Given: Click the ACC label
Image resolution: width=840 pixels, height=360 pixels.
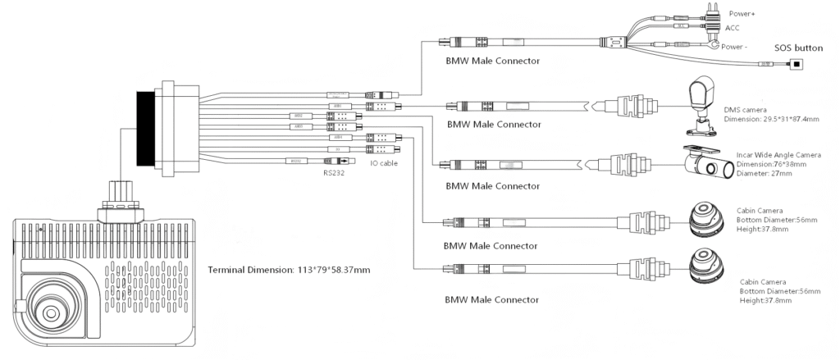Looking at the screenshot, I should [733, 27].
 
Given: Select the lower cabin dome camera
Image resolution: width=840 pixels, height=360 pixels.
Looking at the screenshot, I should [708, 266].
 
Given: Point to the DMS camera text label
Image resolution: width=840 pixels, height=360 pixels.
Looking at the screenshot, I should [745, 109].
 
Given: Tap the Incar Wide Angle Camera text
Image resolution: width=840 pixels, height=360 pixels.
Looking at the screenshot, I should [778, 154].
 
